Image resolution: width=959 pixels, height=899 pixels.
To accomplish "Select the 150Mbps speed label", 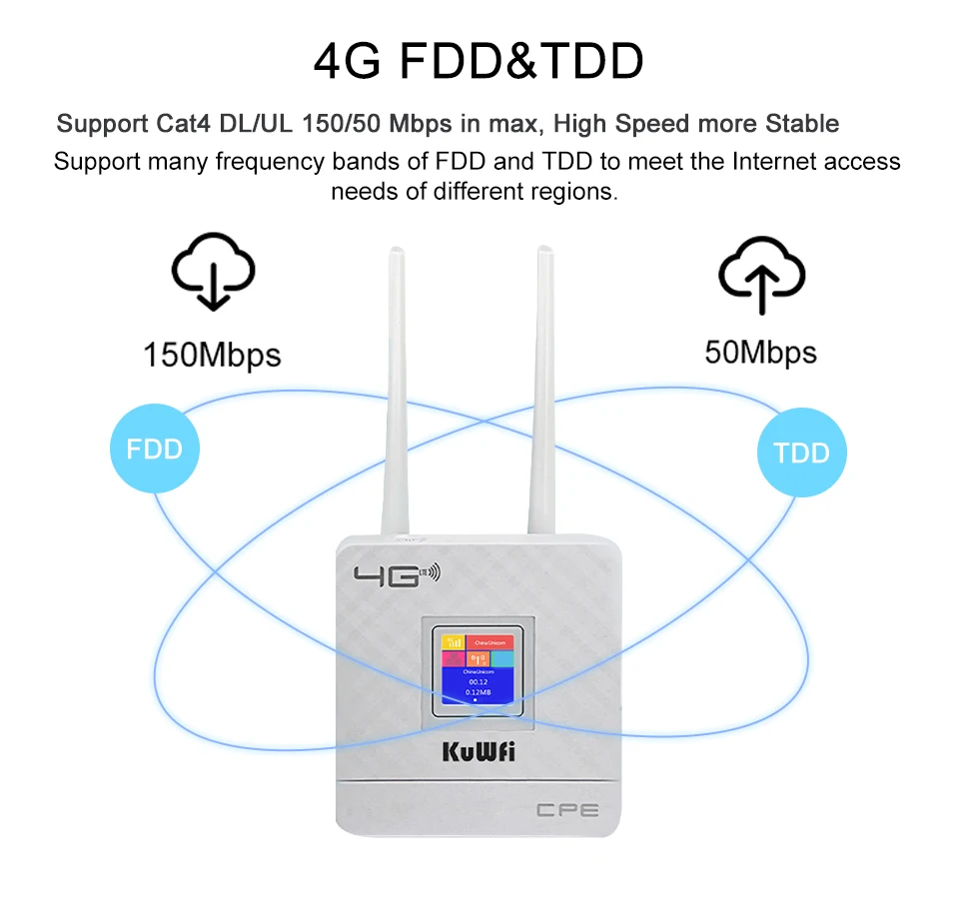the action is coord(212,355).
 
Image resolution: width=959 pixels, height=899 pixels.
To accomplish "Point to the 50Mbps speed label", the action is coord(760,353).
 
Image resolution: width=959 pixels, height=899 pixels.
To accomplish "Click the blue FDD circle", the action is coord(155,449).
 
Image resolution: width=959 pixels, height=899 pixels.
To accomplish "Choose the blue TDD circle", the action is coord(801,452).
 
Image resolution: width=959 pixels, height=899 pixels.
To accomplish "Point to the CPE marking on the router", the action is coord(567,811).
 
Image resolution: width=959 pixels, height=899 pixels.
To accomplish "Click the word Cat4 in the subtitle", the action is coord(184,124).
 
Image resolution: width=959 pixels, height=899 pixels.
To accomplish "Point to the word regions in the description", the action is coord(573,191).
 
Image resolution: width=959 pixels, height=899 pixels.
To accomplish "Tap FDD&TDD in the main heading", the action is coord(521,62).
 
